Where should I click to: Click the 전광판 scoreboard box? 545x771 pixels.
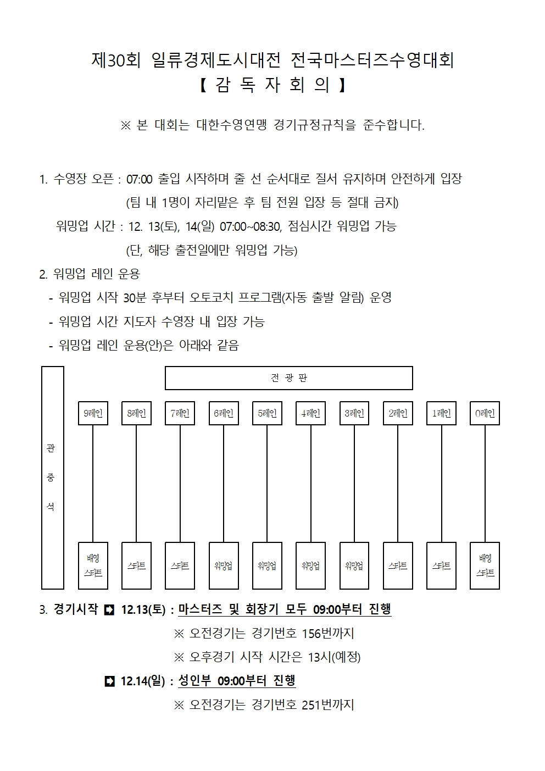tap(289, 378)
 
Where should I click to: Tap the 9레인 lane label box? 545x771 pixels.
tap(93, 413)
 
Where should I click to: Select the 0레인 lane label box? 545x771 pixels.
tap(485, 413)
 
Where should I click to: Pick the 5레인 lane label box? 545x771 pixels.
tap(267, 413)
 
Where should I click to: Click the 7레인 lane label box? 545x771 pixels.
tap(180, 413)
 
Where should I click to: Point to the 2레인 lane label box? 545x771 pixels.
tap(398, 413)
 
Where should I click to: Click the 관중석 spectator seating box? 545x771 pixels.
tap(53, 478)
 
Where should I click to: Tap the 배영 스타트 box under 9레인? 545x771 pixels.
tap(93, 565)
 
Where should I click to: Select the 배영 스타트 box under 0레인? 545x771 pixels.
tap(485, 565)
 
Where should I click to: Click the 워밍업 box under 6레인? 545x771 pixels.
tap(224, 565)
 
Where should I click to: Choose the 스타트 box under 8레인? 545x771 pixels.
tap(136, 565)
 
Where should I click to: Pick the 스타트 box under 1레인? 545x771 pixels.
tap(441, 565)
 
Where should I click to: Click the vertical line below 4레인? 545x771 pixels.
tap(311, 484)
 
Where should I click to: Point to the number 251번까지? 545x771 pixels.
tap(328, 705)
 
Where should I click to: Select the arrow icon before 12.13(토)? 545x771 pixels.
tap(109, 609)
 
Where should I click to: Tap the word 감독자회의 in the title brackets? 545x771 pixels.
tap(272, 85)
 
